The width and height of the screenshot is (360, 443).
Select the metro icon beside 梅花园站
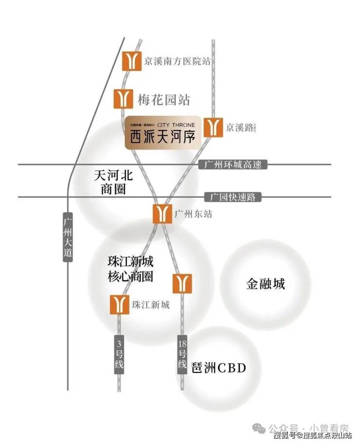124,98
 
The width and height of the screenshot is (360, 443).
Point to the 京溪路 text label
240,128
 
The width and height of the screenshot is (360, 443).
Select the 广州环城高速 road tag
234,165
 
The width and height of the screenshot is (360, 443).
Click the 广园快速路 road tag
233,197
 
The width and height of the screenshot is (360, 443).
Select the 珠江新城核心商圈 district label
130,268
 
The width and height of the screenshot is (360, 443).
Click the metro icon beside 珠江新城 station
119,305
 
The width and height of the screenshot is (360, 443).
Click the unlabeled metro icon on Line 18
182,284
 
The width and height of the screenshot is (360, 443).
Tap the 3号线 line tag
119,354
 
